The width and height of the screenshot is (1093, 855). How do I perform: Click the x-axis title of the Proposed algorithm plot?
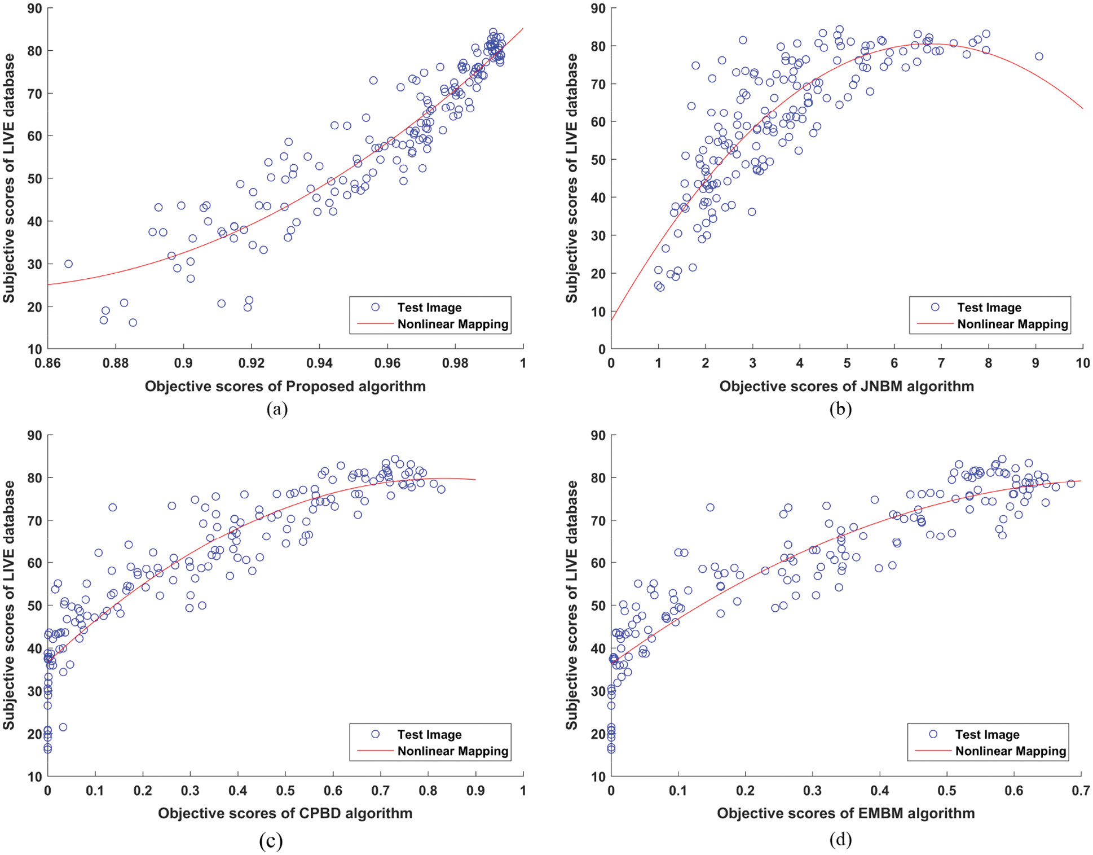tap(285, 387)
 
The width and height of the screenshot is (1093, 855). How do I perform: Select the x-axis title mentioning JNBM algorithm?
tap(847, 387)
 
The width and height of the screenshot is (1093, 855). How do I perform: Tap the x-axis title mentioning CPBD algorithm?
tap(285, 813)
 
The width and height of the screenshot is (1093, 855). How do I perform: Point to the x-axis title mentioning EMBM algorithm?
tap(845, 813)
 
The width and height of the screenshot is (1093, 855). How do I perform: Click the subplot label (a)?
tap(277, 409)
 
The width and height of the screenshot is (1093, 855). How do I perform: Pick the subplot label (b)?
tap(840, 409)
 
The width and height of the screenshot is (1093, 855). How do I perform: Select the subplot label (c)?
tap(271, 841)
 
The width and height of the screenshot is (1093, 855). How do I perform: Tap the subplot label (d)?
tap(840, 840)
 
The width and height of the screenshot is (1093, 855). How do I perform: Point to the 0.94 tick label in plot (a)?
tap(319, 363)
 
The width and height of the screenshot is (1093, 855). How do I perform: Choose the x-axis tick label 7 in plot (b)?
tap(941, 363)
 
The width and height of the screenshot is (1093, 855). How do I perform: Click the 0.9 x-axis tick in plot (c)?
tap(475, 791)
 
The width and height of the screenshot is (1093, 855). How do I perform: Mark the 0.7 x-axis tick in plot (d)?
tap(1081, 791)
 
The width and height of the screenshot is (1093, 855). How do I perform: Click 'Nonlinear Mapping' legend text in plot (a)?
tap(452, 325)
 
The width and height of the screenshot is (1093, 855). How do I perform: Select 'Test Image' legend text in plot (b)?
tap(989, 308)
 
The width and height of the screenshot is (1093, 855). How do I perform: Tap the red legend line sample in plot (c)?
tap(374, 751)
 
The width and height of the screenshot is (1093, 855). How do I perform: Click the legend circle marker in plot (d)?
tap(933, 734)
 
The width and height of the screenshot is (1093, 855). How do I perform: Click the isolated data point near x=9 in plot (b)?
tap(1039, 56)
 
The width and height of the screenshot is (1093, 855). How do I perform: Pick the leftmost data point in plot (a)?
tap(68, 264)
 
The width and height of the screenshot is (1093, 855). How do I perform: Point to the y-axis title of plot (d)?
tap(572, 604)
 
